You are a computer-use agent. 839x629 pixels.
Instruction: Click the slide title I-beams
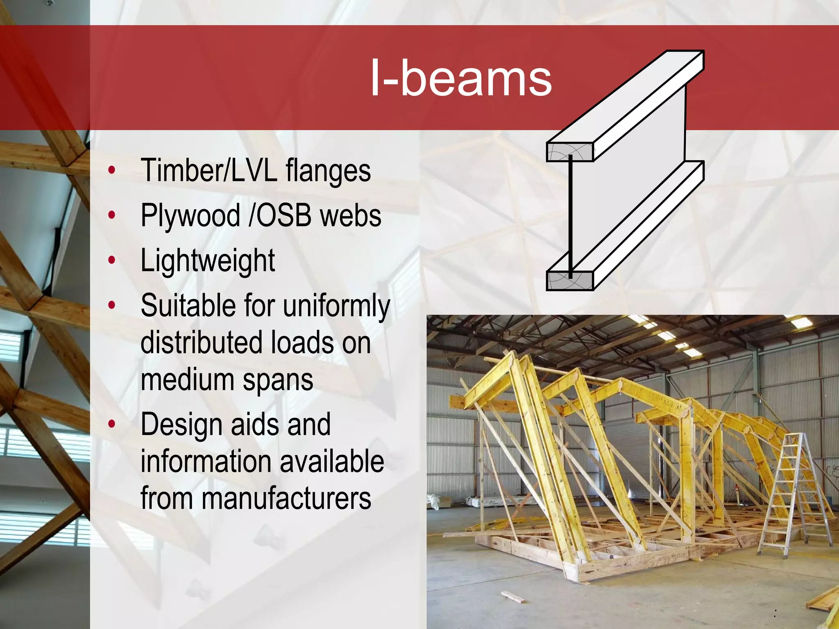tap(461, 78)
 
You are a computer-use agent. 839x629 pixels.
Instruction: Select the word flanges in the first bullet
tap(328, 171)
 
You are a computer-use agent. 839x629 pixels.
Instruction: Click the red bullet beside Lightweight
tap(112, 260)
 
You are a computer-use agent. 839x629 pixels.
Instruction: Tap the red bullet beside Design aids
tap(112, 424)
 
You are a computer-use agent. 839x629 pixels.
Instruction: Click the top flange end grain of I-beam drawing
tap(569, 152)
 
